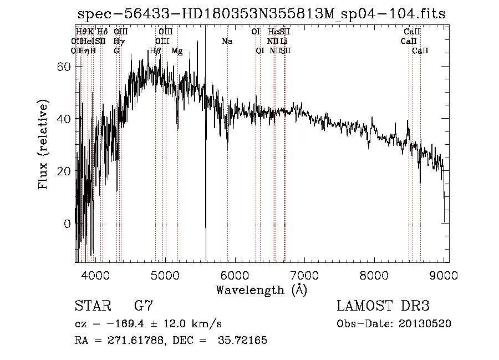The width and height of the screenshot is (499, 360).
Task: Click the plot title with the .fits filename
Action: click(261, 14)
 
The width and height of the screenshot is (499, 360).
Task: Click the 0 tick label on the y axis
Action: click(67, 224)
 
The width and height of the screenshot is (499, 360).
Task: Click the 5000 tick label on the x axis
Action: click(165, 274)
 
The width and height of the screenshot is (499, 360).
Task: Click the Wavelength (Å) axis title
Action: click(261, 290)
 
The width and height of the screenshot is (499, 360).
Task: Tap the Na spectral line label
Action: click(227, 42)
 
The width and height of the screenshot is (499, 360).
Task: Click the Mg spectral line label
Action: click(177, 51)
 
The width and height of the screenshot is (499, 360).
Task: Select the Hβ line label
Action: click(155, 51)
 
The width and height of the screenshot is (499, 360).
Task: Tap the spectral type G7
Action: click(144, 306)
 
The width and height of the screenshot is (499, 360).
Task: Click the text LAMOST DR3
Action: click(383, 306)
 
